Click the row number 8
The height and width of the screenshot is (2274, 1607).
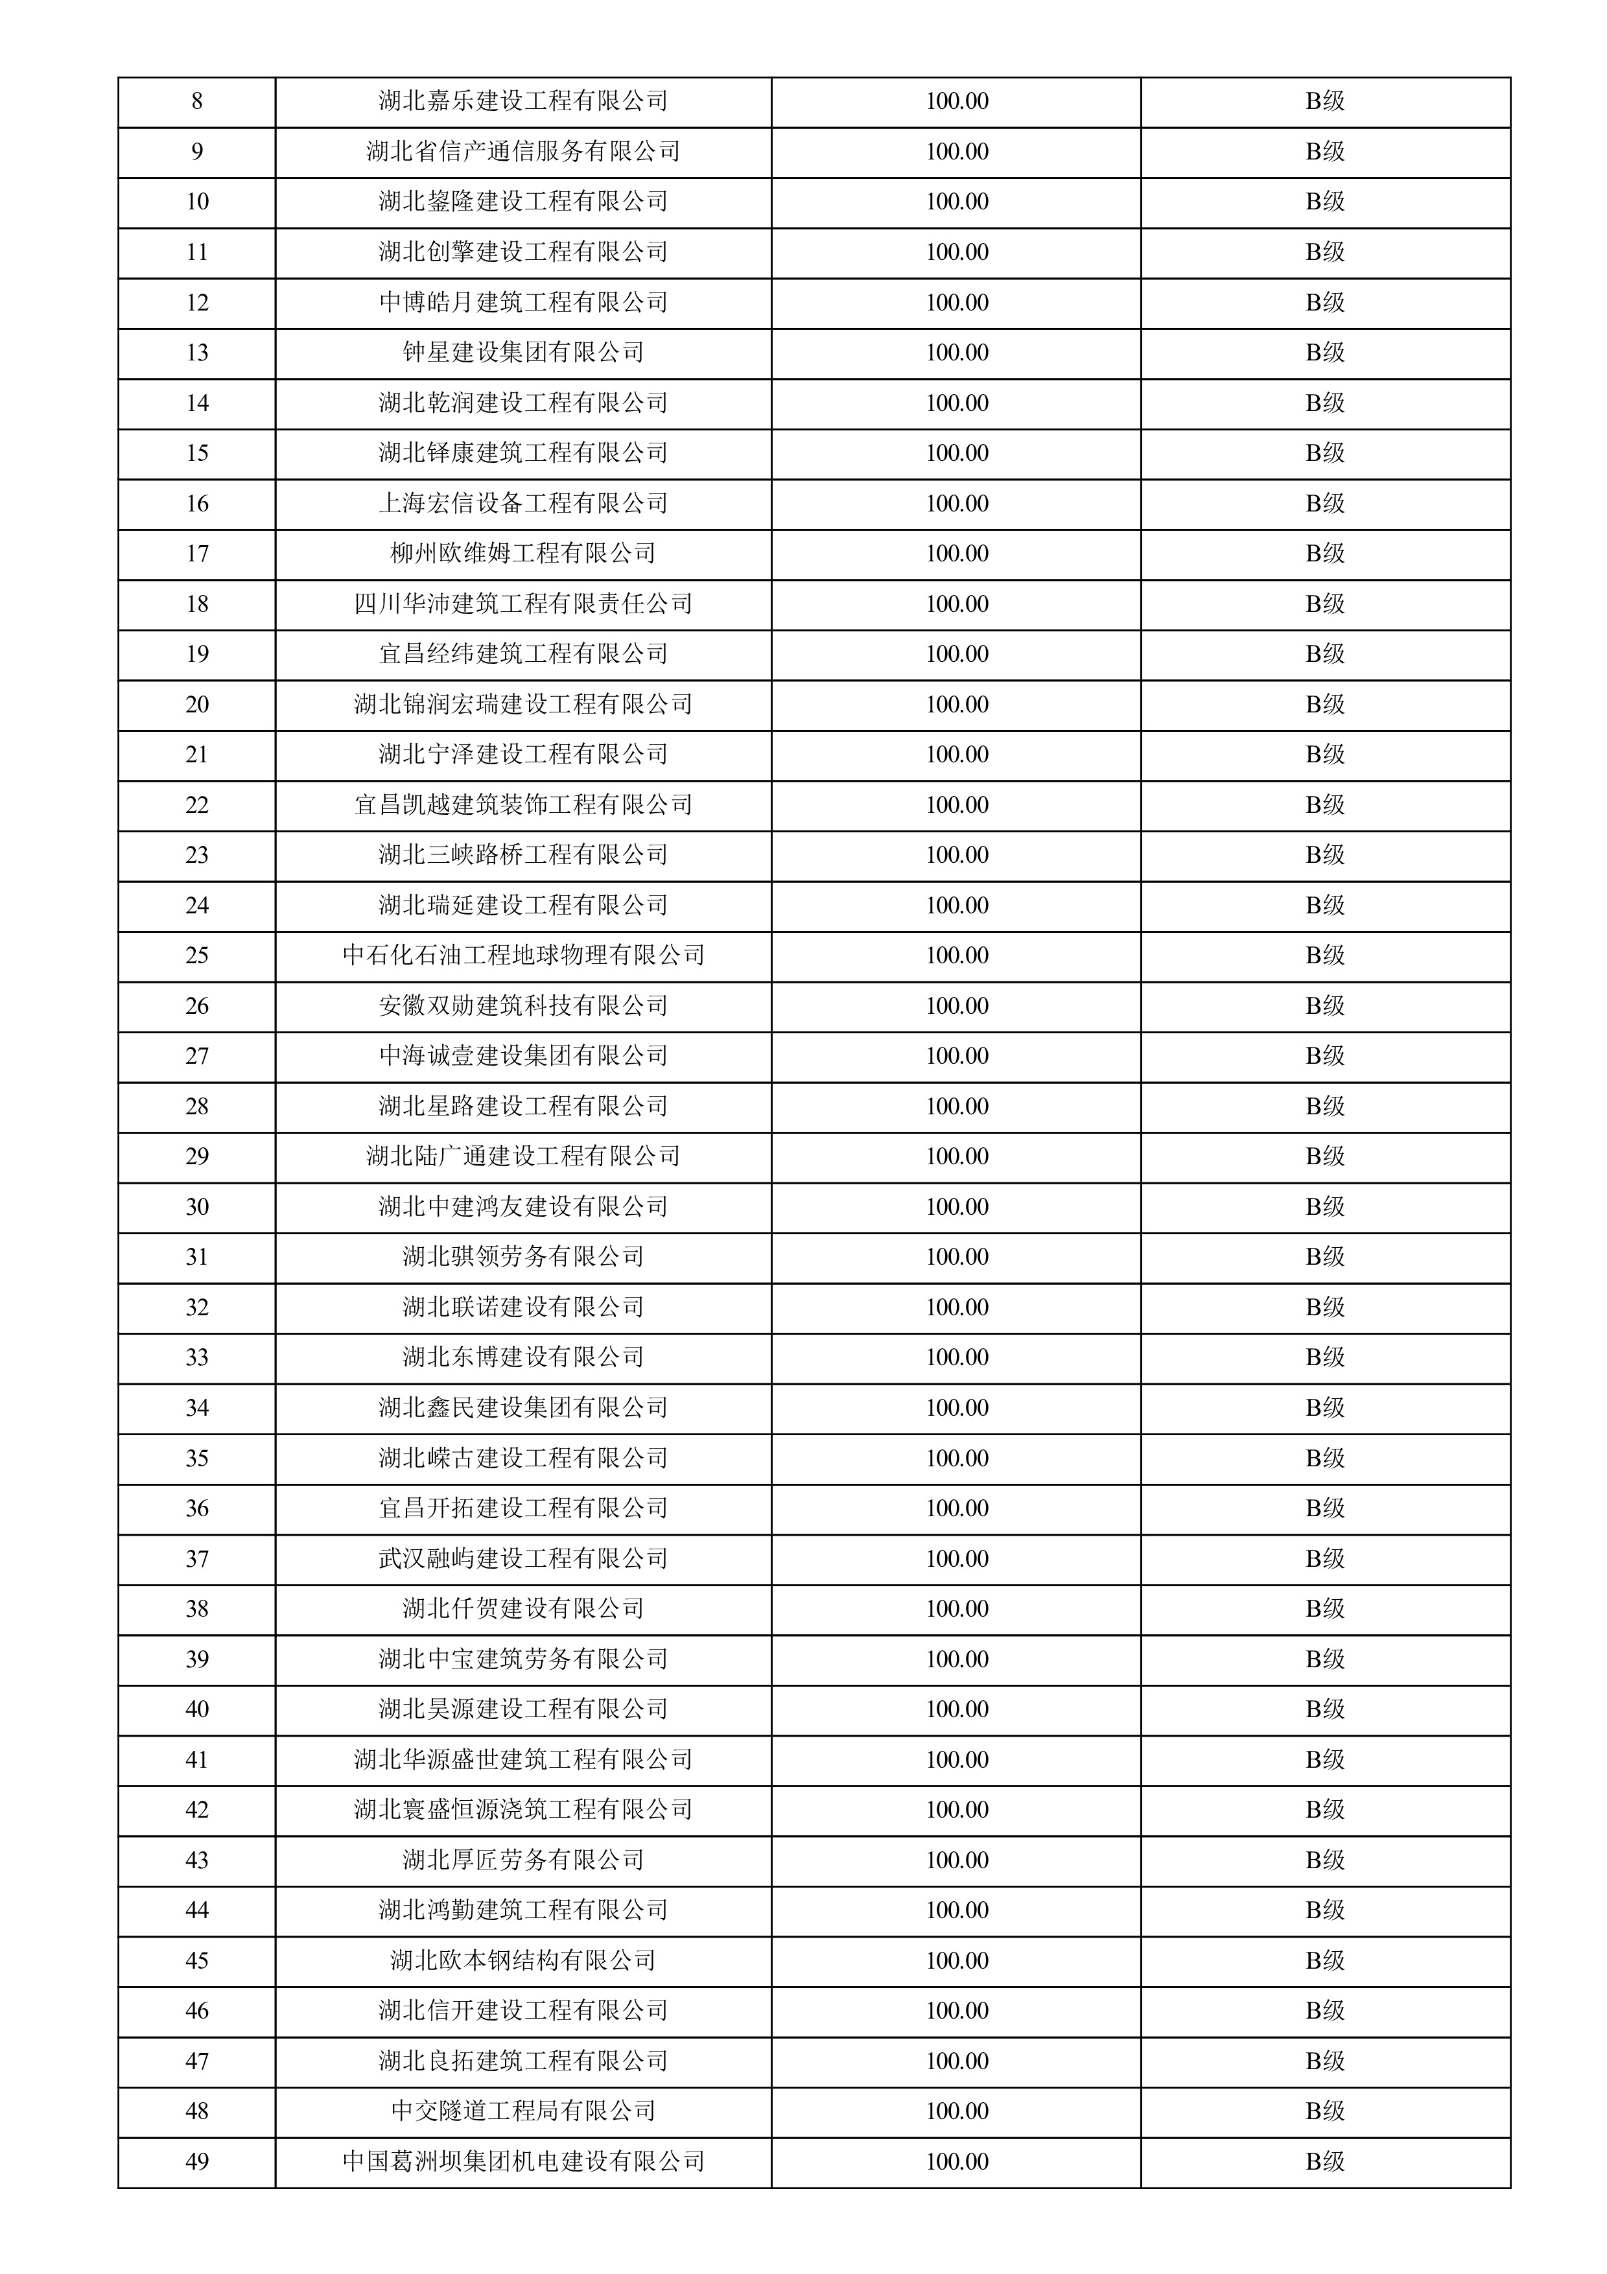pos(197,101)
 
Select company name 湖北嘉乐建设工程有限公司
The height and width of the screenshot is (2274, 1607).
pos(522,101)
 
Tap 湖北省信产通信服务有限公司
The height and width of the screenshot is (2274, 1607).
pos(522,152)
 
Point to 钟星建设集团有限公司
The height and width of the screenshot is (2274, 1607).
pos(522,353)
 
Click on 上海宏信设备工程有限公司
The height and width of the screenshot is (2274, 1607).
pos(522,503)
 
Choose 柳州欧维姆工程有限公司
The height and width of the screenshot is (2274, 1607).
pos(522,554)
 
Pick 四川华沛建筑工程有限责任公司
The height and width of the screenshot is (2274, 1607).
pos(522,604)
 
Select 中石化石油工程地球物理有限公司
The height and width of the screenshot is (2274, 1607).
pos(522,955)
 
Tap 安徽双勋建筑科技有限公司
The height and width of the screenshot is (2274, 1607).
pos(522,1006)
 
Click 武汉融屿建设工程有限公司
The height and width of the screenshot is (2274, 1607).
pos(522,1559)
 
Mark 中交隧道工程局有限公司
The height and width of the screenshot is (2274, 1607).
pos(522,2111)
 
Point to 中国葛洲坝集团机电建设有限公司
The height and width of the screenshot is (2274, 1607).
pos(522,2162)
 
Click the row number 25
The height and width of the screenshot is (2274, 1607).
pos(197,955)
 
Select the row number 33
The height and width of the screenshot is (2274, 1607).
pos(197,1358)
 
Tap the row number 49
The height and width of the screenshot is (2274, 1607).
pos(197,2162)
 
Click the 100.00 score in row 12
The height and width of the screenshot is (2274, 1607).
pos(956,302)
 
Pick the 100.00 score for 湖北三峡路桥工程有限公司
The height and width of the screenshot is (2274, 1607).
pos(956,855)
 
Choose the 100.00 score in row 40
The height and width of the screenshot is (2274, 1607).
pos(956,1709)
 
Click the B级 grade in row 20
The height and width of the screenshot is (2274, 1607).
pos(1325,704)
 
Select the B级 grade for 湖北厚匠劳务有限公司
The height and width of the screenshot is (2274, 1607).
pos(1325,1860)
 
